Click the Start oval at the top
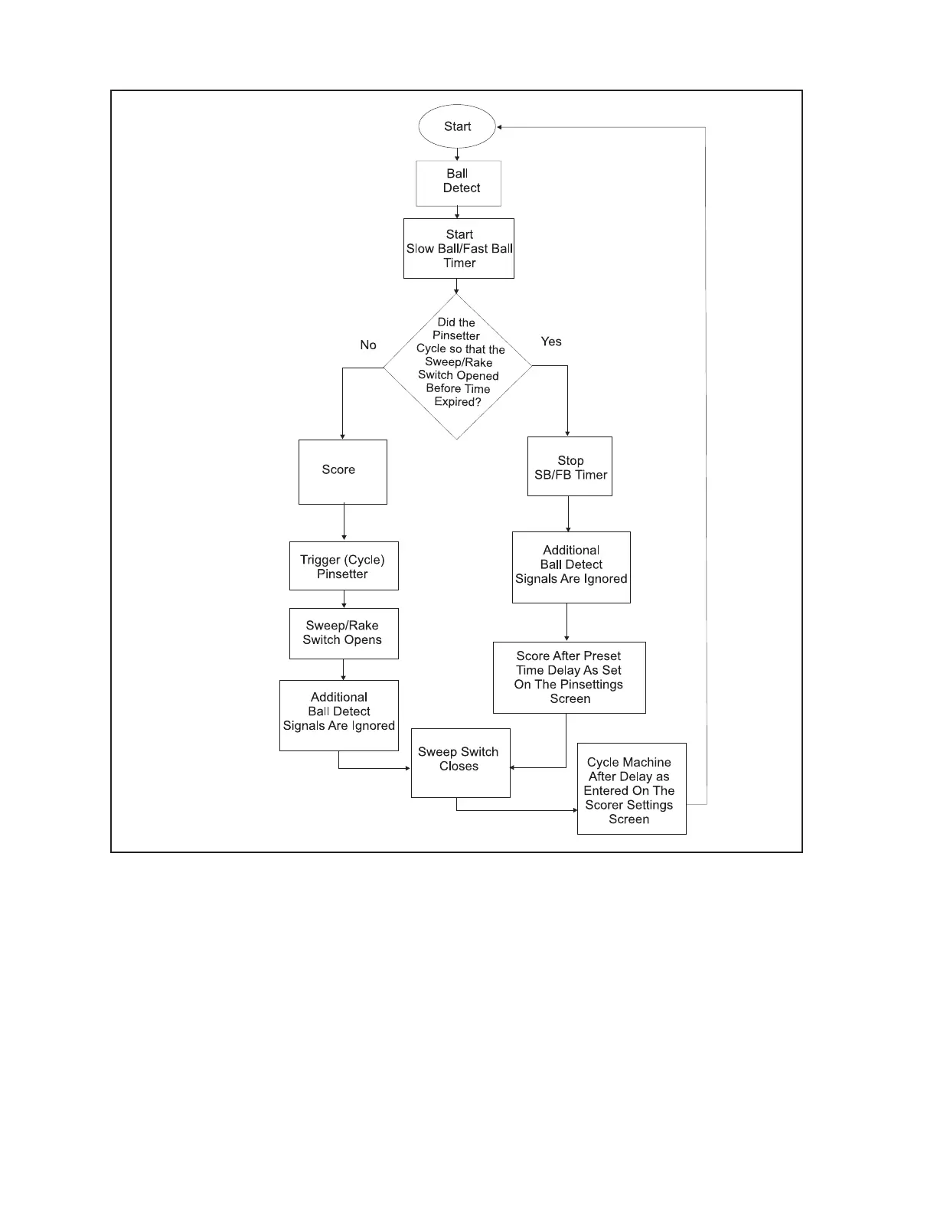457,126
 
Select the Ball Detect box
459,183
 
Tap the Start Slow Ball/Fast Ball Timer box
459,249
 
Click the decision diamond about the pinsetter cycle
458,366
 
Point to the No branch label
368,345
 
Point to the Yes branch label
551,342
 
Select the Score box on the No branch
342,472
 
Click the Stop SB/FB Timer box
570,466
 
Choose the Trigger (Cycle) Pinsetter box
344,566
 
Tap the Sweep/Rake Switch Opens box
344,633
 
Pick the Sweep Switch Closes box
460,763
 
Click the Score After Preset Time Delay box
569,678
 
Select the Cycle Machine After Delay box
632,789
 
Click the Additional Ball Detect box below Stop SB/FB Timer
571,567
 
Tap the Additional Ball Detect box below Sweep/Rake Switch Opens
339,715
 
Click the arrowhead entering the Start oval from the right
499,127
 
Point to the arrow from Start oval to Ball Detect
457,154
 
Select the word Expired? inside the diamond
458,402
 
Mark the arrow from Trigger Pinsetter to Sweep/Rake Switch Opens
344,600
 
